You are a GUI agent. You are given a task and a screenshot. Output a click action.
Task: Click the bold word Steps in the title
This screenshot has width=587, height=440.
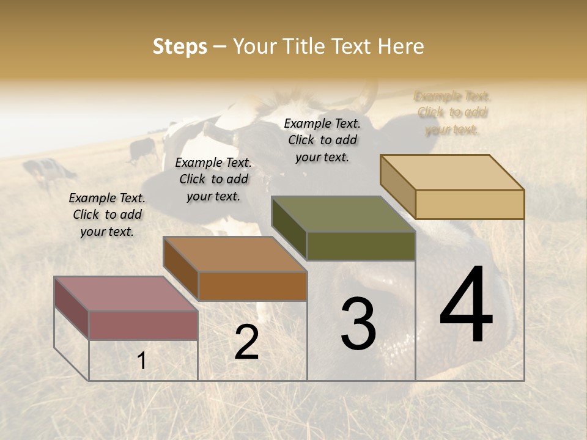(180, 46)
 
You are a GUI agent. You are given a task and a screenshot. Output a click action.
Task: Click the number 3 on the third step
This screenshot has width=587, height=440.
(358, 324)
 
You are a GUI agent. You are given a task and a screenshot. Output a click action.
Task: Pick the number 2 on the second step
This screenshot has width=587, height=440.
(246, 342)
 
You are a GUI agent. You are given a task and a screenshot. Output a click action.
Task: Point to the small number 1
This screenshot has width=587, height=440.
(142, 361)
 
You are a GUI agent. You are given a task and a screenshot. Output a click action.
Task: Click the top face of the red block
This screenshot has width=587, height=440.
(126, 293)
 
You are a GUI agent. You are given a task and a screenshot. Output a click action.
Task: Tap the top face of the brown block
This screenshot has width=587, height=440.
(235, 254)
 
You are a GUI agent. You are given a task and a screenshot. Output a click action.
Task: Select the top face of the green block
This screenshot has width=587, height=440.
(343, 214)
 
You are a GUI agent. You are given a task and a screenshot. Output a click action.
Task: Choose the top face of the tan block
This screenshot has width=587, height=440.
(452, 172)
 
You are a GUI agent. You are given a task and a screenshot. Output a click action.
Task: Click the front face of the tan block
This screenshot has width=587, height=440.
(470, 204)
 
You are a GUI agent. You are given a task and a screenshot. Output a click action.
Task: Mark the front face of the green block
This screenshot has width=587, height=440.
(361, 246)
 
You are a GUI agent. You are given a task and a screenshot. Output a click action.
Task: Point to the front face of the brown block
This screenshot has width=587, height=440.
(253, 286)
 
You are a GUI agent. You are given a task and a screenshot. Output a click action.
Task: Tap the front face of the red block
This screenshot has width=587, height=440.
(143, 325)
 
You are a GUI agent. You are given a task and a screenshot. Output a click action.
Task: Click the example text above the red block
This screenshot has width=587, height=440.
(107, 215)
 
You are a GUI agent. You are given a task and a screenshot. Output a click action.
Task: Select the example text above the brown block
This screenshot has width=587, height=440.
(213, 179)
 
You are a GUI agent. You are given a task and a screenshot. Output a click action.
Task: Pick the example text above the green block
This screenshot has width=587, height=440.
(322, 140)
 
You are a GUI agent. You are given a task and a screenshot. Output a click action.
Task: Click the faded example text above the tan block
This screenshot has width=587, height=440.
(452, 112)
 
